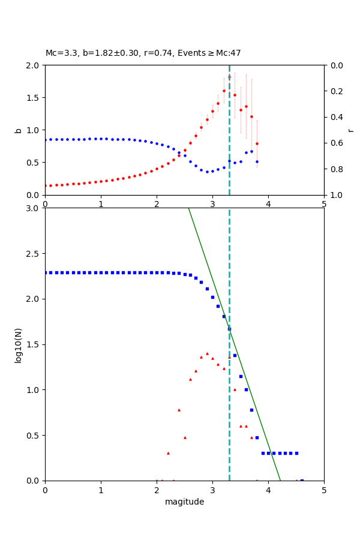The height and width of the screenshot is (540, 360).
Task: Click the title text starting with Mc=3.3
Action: [143, 53]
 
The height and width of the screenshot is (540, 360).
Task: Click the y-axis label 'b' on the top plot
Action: [18, 130]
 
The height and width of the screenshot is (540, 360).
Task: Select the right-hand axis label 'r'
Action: [350, 130]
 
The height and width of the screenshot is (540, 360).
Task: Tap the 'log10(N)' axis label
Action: [18, 344]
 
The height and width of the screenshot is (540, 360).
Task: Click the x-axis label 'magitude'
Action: [184, 502]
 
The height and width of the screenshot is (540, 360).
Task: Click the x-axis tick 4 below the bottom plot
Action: [268, 490]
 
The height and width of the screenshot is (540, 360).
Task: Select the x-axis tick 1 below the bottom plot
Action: [101, 490]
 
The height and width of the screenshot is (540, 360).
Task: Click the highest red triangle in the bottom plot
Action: [207, 353]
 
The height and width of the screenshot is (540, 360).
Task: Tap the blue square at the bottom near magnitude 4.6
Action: [302, 480]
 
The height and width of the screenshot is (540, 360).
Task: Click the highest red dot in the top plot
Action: [229, 77]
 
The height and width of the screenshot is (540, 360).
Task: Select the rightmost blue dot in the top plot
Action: [257, 161]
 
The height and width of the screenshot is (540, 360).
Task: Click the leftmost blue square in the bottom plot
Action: [46, 272]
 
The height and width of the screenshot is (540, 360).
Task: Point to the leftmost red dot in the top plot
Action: [46, 185]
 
